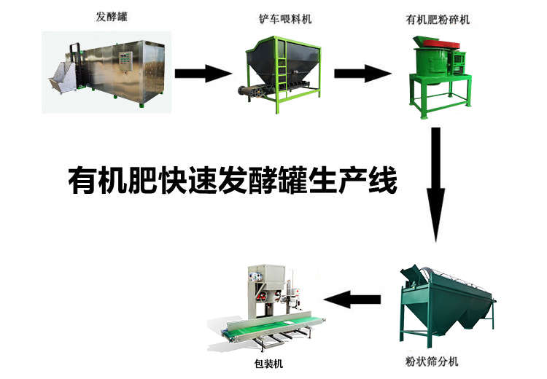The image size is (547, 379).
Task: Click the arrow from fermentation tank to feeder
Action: pos(202,73)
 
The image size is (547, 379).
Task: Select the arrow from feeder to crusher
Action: pos(362,73)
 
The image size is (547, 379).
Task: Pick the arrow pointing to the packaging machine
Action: pos(353,297)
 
